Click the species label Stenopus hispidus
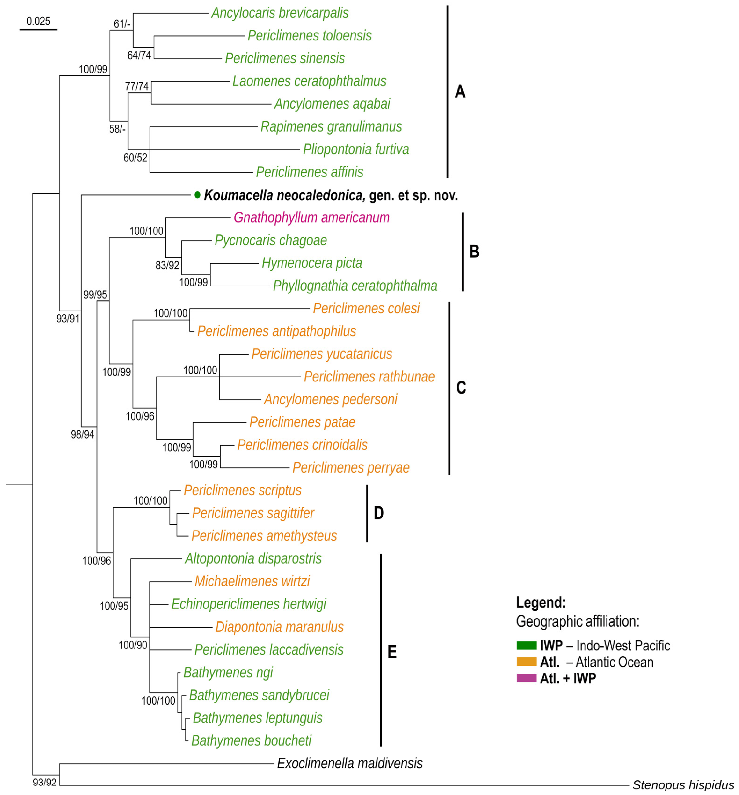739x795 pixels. [x=683, y=785]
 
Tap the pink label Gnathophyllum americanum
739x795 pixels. [x=311, y=218]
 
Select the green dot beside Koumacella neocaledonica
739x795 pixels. [x=197, y=195]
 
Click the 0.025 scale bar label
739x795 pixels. [x=38, y=21]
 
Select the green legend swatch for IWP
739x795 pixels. [x=526, y=645]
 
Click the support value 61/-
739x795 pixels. [x=122, y=24]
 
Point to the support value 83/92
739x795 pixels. [x=167, y=265]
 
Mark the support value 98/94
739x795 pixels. [x=82, y=434]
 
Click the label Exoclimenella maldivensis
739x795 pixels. [x=350, y=763]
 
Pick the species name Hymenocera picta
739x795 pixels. [x=312, y=263]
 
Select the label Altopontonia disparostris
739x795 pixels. [x=253, y=559]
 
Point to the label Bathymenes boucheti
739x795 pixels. [x=251, y=741]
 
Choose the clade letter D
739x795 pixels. [x=378, y=513]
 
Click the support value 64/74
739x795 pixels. [x=139, y=55]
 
